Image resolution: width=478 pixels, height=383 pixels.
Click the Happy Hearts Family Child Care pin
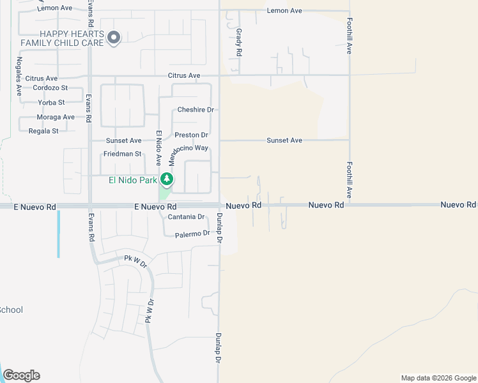click(x=114, y=38)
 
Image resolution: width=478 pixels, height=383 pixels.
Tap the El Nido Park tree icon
click(x=167, y=179)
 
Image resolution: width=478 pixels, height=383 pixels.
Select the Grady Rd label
click(x=239, y=42)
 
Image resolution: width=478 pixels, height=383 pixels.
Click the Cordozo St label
click(x=50, y=87)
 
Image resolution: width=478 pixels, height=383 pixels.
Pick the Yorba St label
click(x=51, y=102)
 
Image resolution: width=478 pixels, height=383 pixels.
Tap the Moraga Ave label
click(x=56, y=117)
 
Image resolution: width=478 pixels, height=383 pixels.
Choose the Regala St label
click(x=43, y=131)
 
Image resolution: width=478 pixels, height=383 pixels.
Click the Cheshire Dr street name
click(x=195, y=110)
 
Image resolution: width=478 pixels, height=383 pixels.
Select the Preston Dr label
click(x=192, y=135)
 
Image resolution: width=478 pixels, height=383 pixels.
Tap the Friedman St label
click(x=122, y=154)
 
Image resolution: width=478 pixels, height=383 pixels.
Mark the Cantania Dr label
click(x=186, y=217)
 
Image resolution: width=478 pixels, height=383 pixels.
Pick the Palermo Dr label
click(x=192, y=234)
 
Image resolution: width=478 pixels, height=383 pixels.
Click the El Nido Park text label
click(x=132, y=180)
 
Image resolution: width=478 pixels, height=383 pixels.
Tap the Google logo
click(x=21, y=375)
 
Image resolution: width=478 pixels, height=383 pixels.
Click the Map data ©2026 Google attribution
click(x=438, y=378)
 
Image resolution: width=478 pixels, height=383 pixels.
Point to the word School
click(x=11, y=310)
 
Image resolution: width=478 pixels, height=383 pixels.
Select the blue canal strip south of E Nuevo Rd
click(x=58, y=234)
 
